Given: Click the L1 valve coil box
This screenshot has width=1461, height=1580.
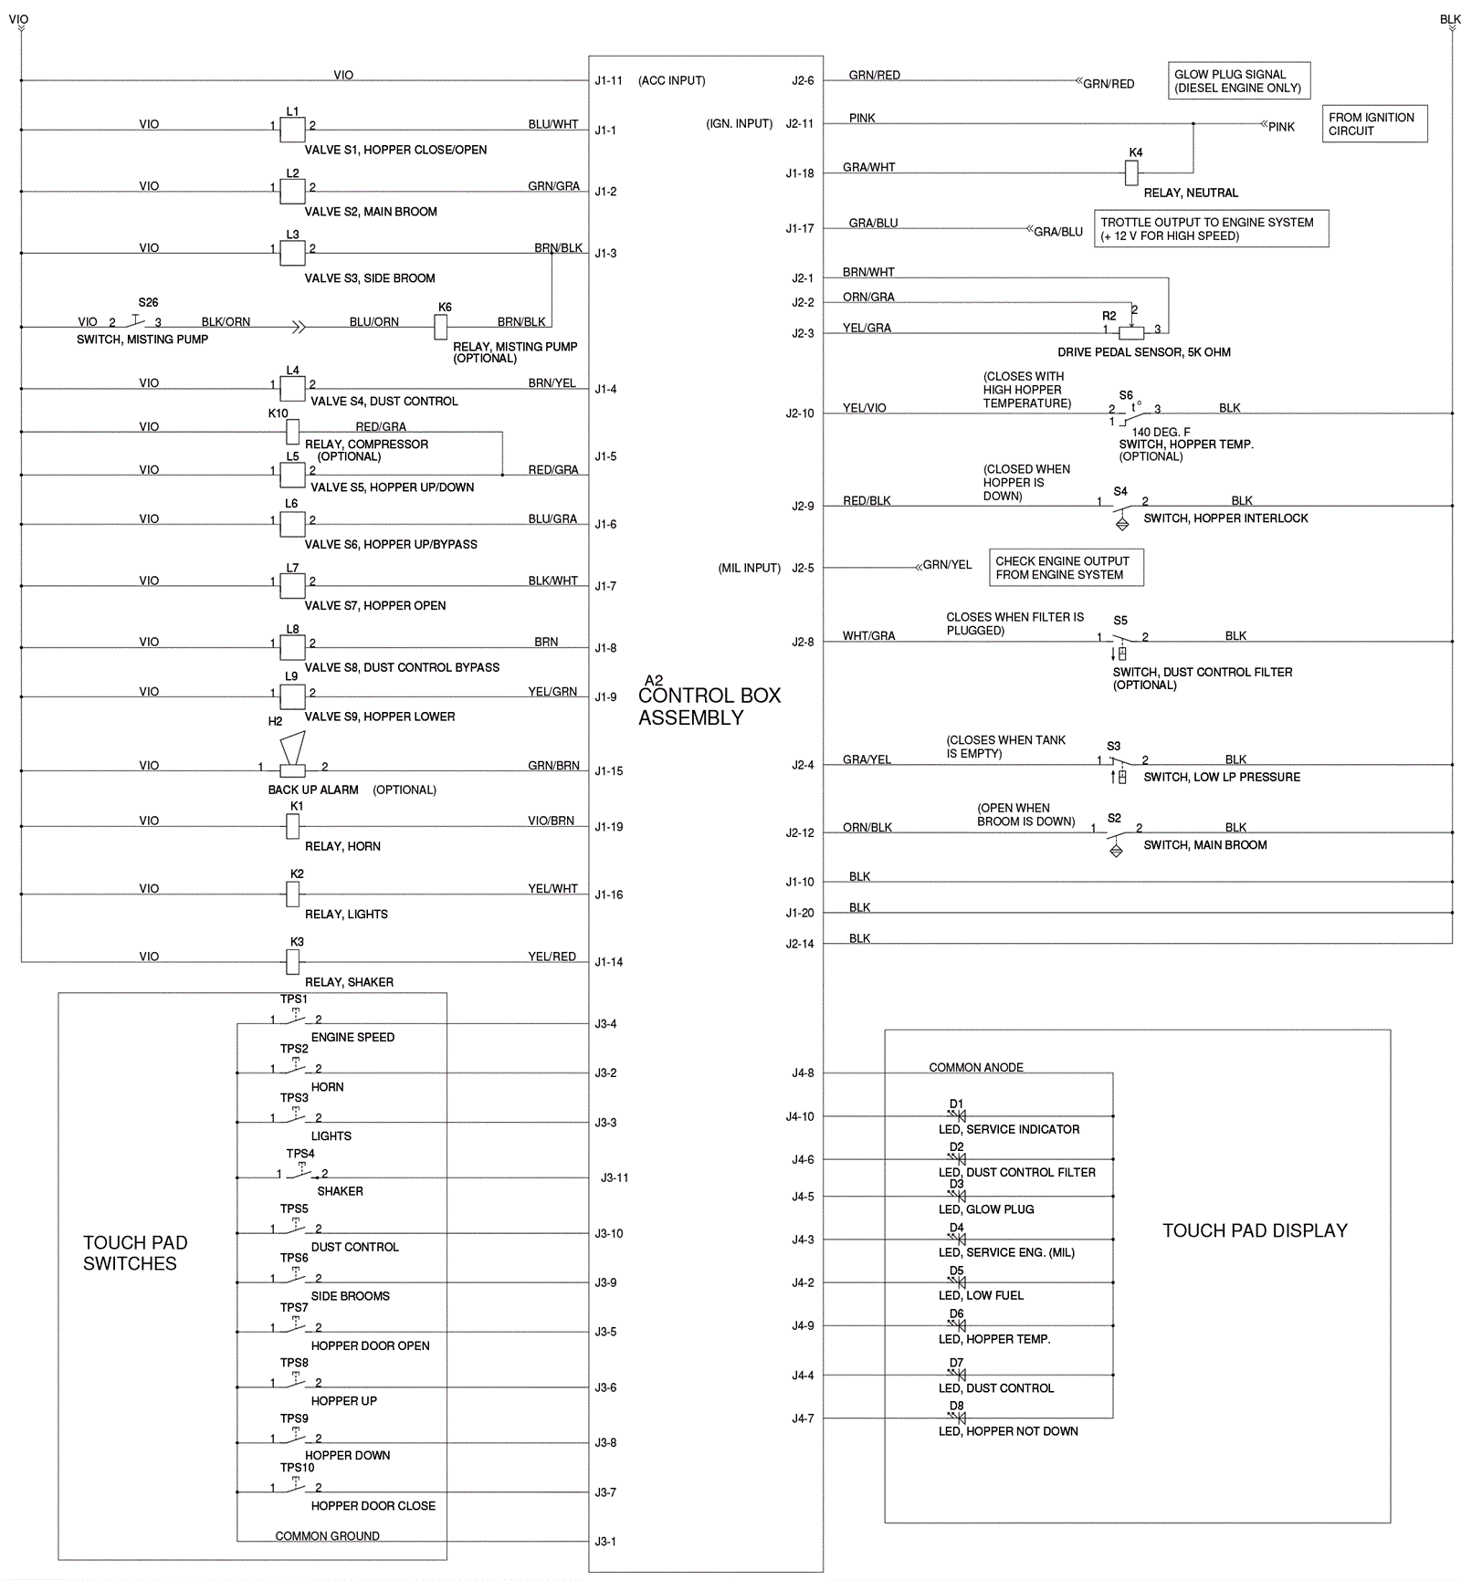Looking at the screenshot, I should (292, 130).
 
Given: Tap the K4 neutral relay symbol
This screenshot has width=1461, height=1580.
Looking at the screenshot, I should (1131, 172).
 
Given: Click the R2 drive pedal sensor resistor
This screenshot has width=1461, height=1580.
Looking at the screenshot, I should (1131, 333).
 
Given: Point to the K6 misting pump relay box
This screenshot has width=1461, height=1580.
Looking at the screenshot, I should (441, 327).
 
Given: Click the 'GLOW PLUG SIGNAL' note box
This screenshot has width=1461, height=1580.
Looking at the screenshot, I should (1238, 81).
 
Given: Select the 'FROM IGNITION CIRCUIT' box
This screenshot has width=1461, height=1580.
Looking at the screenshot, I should (1374, 124).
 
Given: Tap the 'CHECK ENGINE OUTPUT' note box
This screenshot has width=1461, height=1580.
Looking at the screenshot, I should (1066, 568).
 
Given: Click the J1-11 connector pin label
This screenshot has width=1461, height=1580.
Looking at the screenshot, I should (609, 81).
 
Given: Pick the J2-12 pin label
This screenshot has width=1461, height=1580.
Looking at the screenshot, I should (800, 833).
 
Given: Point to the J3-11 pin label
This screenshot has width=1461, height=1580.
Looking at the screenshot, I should (615, 1178).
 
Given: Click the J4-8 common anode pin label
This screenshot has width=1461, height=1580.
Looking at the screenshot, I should (802, 1074).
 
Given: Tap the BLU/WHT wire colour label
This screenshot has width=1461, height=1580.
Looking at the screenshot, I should (552, 124).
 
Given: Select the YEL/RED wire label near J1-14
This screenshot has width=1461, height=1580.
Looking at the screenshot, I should (552, 957).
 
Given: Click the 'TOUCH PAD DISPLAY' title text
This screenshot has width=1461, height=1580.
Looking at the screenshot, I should (1255, 1231).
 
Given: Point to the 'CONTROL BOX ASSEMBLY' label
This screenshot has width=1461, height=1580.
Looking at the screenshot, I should (709, 706).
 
